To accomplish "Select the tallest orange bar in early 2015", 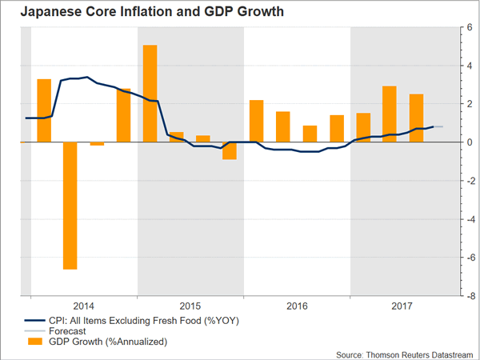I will pyautogui.click(x=150, y=93).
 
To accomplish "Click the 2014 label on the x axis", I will pyautogui.click(x=84, y=306).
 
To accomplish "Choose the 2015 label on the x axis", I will pyautogui.click(x=190, y=306).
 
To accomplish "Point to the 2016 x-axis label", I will pyautogui.click(x=296, y=306).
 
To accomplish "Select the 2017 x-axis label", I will pyautogui.click(x=402, y=306).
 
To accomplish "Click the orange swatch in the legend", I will pyautogui.click(x=33, y=342).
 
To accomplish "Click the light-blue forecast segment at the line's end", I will pyautogui.click(x=438, y=126).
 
